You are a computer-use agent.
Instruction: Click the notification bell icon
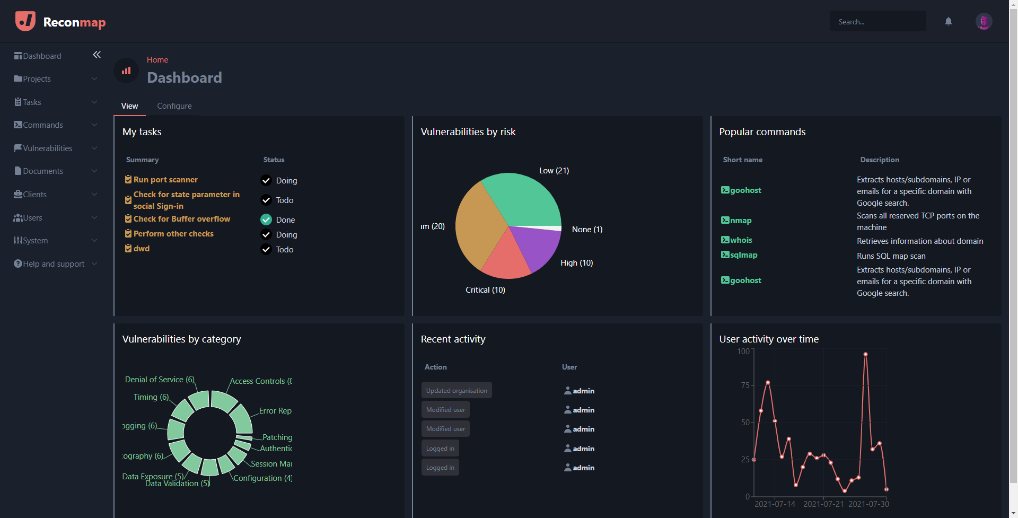pyautogui.click(x=949, y=22)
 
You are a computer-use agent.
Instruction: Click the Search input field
pyautogui.click(x=877, y=22)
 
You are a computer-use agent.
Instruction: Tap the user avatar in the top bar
pyautogui.click(x=984, y=21)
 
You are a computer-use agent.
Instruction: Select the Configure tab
pyautogui.click(x=174, y=106)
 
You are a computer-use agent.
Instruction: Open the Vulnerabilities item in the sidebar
pyautogui.click(x=48, y=148)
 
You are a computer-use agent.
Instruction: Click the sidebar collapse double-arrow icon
pyautogui.click(x=96, y=55)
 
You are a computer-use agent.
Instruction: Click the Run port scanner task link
pyautogui.click(x=165, y=180)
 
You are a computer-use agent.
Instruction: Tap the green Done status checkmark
pyautogui.click(x=266, y=220)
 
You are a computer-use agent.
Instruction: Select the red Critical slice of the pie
pyautogui.click(x=506, y=260)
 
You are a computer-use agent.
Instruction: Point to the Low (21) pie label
pyautogui.click(x=554, y=171)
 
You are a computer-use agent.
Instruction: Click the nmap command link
pyautogui.click(x=740, y=221)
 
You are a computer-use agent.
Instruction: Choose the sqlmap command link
pyautogui.click(x=743, y=255)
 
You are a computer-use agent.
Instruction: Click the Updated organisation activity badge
pyautogui.click(x=457, y=391)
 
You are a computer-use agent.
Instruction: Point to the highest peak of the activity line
pyautogui.click(x=865, y=354)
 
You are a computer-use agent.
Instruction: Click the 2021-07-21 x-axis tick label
pyautogui.click(x=823, y=504)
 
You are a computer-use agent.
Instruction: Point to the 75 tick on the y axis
pyautogui.click(x=745, y=385)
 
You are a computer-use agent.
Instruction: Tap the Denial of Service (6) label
pyautogui.click(x=160, y=380)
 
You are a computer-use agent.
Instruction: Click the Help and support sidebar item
pyautogui.click(x=54, y=264)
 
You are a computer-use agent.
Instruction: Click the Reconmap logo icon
pyautogui.click(x=25, y=22)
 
